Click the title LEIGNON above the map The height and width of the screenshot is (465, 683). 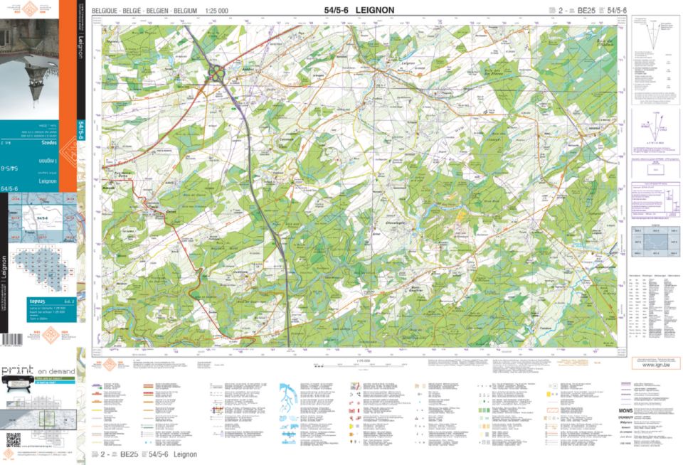[x=369, y=10]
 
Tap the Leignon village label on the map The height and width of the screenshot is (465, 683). [x=408, y=64]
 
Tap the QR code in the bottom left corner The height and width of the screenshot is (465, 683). [x=13, y=439]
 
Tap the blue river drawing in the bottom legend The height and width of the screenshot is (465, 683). [x=290, y=395]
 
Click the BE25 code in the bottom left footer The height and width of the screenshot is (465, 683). [x=129, y=454]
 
